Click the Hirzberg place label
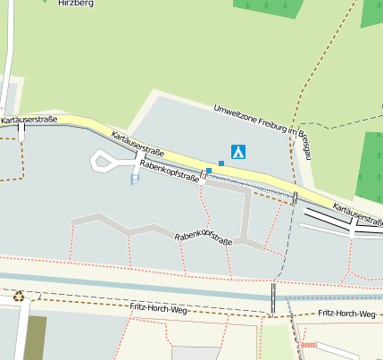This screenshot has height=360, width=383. coord(75,4)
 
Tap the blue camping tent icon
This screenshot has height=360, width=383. coord(238,152)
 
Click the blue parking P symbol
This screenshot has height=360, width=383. coord(135,179)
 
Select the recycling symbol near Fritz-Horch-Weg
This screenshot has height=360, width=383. coord(19,296)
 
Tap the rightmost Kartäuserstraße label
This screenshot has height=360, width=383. coord(356,214)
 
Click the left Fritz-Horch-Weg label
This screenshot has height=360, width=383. coord(158,308)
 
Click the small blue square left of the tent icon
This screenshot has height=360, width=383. coord(221,163)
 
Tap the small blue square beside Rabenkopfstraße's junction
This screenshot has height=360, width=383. coord(209,170)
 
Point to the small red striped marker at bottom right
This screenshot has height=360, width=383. coord(309,344)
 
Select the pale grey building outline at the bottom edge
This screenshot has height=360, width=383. coord(194,353)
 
